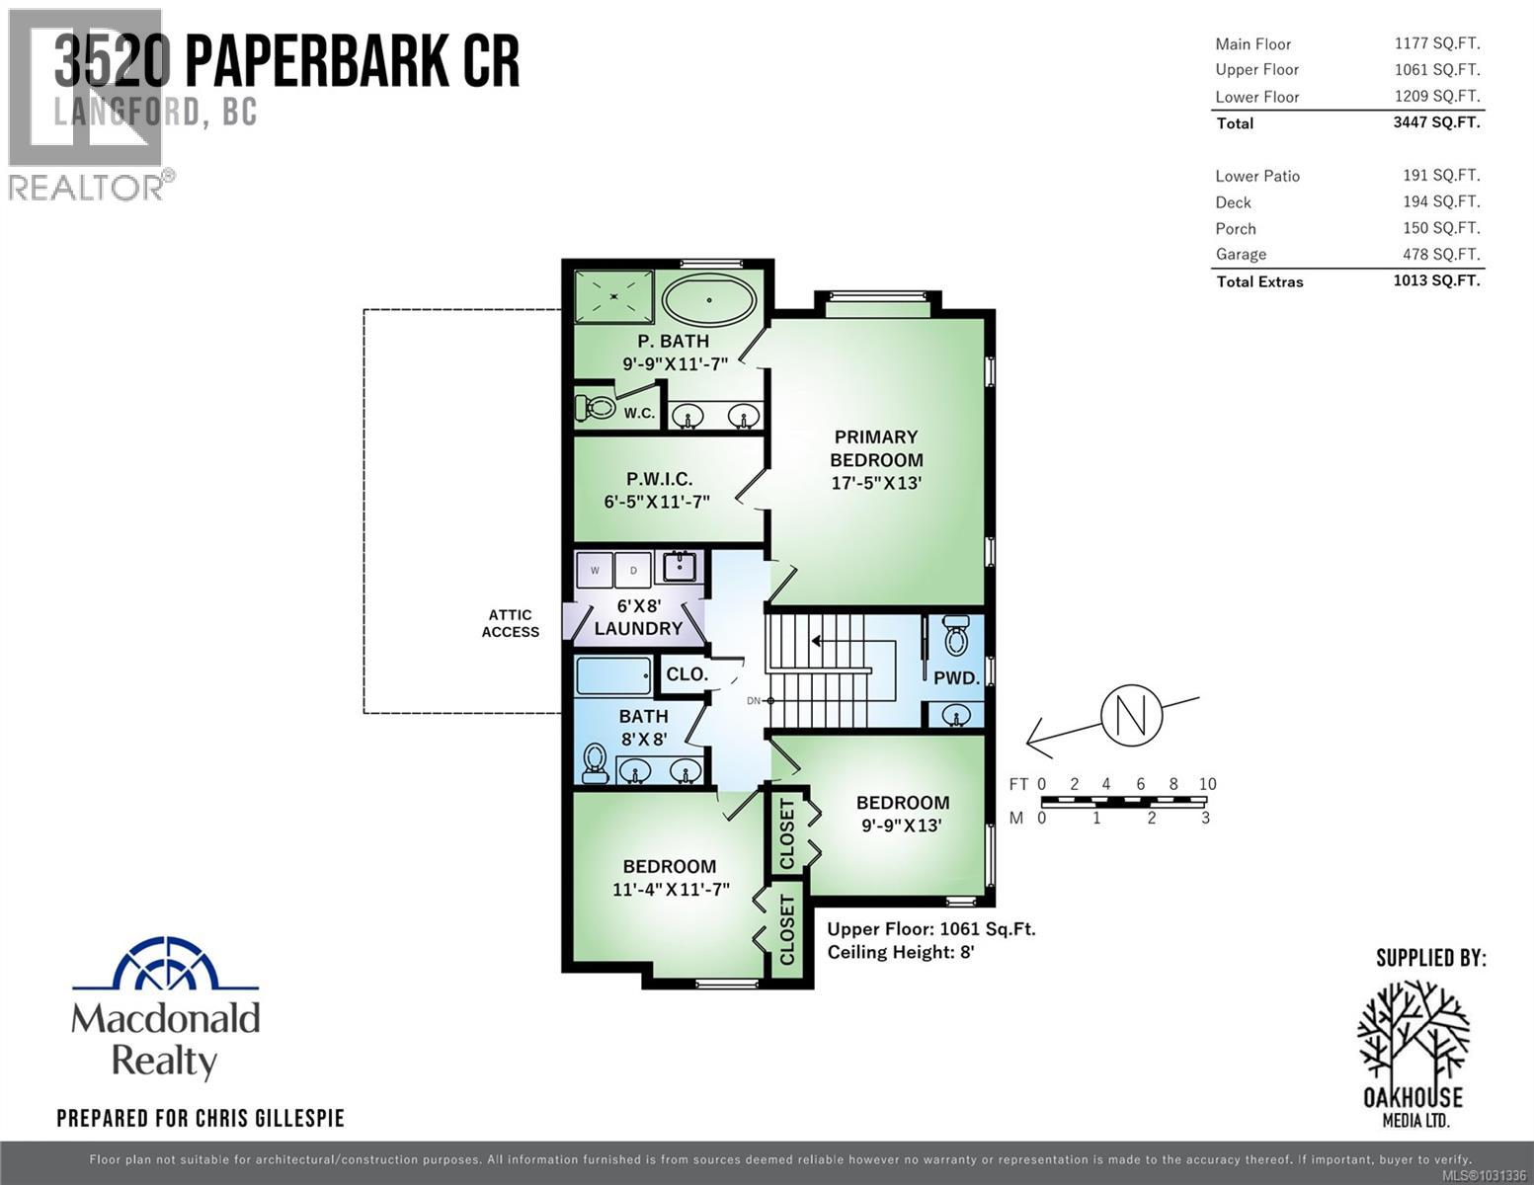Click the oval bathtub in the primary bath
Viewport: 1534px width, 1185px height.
pos(708,299)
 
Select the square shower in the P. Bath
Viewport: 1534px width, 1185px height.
pos(614,295)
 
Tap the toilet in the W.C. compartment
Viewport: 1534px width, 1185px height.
pos(595,407)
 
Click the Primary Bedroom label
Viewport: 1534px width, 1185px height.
pos(876,448)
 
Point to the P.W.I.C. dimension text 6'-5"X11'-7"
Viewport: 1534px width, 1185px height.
pos(657,502)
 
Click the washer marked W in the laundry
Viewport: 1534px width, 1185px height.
pos(595,570)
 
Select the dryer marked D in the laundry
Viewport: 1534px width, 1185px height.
pos(633,570)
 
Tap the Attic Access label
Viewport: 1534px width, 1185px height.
pos(510,623)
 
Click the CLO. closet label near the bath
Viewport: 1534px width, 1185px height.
pos(686,674)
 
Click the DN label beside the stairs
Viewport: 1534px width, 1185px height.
pos(754,701)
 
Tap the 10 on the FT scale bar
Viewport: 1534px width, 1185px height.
pos(1207,784)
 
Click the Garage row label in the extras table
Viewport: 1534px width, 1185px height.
pos(1241,255)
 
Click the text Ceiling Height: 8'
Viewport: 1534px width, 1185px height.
pos(901,953)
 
